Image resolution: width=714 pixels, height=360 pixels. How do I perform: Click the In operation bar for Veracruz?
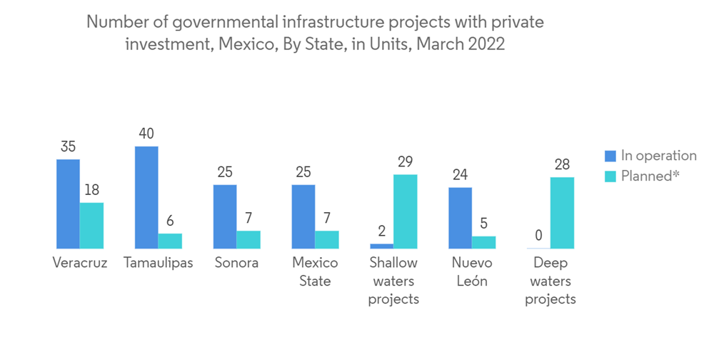(x=69, y=204)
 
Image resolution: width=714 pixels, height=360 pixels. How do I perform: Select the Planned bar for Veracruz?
(x=92, y=226)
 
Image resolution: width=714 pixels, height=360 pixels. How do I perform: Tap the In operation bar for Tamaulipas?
(x=146, y=197)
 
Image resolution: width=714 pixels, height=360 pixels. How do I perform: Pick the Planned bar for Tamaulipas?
(x=170, y=241)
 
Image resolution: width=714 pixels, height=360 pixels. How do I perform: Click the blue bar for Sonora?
(x=225, y=216)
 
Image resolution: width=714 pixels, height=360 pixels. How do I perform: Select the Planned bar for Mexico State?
(x=327, y=239)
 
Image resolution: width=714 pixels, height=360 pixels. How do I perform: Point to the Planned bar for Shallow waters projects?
(x=405, y=211)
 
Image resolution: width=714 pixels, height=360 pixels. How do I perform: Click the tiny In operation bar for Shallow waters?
(x=381, y=246)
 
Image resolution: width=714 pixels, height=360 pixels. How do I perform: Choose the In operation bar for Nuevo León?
(x=460, y=218)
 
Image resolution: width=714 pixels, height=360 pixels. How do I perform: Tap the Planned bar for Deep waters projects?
(x=562, y=213)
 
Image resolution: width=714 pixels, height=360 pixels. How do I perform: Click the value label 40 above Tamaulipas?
(x=146, y=134)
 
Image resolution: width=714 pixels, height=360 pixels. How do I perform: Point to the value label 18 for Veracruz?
(x=92, y=190)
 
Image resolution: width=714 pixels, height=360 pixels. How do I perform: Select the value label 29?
(x=405, y=161)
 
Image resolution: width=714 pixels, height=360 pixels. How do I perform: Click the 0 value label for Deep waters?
(x=538, y=236)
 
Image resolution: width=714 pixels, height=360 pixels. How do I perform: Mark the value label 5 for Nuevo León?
(x=483, y=224)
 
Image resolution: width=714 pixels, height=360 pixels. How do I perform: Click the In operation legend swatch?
(x=610, y=156)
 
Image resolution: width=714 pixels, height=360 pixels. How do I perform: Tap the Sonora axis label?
(x=236, y=263)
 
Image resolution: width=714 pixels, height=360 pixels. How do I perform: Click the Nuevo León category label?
(x=471, y=271)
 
